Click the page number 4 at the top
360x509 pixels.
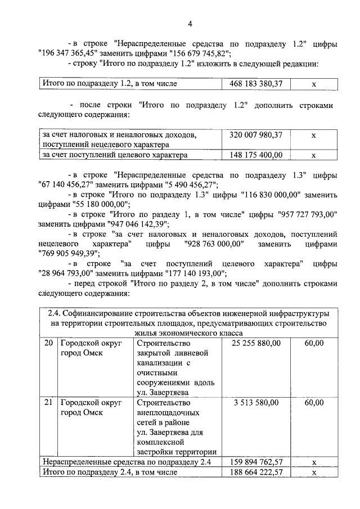[x=190, y=24]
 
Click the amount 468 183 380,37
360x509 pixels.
[x=256, y=84]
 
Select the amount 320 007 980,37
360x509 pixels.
[x=256, y=135]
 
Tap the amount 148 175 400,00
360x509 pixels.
[x=256, y=155]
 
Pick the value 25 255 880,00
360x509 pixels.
[x=256, y=343]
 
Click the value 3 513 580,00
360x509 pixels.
[x=256, y=403]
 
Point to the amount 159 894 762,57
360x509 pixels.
[x=256, y=462]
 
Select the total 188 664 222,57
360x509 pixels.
[x=256, y=473]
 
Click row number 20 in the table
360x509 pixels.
[x=48, y=343]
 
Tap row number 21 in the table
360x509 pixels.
[x=48, y=403]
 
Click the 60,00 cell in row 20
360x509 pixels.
[x=314, y=343]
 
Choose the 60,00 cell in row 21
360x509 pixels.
[x=314, y=403]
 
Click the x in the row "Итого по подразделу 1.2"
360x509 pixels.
[x=314, y=84]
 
